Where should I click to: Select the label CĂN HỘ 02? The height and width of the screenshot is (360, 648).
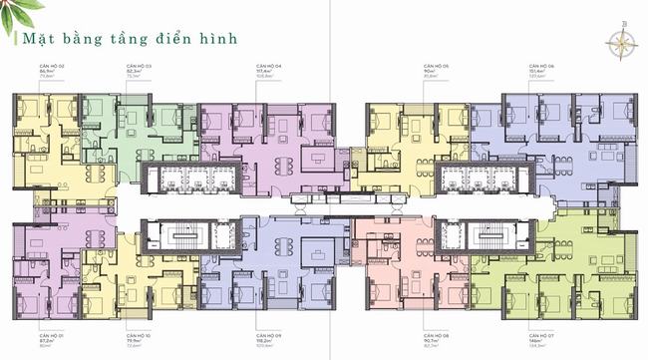(52, 65)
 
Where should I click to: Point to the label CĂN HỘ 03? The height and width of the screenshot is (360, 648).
(138, 65)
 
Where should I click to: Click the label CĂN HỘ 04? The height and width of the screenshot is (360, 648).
(269, 65)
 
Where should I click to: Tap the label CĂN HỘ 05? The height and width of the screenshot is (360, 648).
(436, 65)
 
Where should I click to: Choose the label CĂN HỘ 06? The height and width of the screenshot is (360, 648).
(542, 65)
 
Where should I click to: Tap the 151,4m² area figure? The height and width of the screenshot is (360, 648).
(540, 71)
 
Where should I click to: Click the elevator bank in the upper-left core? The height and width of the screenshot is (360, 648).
(189, 180)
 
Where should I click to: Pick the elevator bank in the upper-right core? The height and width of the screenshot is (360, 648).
(484, 180)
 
